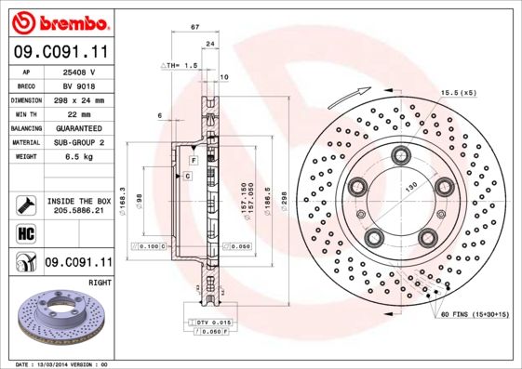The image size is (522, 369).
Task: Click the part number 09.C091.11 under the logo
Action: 59,54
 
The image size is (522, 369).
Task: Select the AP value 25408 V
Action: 79,71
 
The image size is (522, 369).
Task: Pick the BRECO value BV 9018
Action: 79,85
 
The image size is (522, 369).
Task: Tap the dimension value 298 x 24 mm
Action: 79,99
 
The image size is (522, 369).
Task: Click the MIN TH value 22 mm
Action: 79,113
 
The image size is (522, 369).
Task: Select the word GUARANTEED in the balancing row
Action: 79,127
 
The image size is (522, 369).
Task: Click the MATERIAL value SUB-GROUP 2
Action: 79,142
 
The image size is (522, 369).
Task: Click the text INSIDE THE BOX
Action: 79,200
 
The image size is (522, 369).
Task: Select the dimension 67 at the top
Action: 194,28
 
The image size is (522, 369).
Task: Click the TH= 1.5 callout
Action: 181,65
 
